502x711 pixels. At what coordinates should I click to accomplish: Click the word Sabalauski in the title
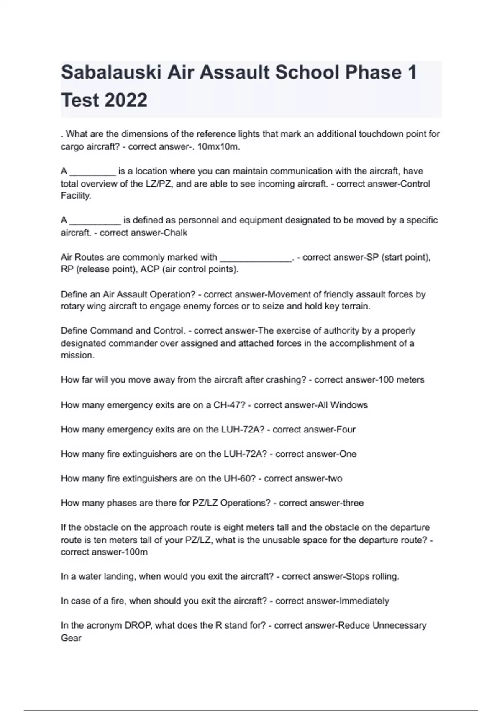[111, 72]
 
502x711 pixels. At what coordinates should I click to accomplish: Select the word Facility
[76, 196]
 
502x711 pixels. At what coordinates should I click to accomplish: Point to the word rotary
[72, 306]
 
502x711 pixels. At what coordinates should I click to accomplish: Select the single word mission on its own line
[77, 355]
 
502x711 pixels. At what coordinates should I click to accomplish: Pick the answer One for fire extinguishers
[348, 454]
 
